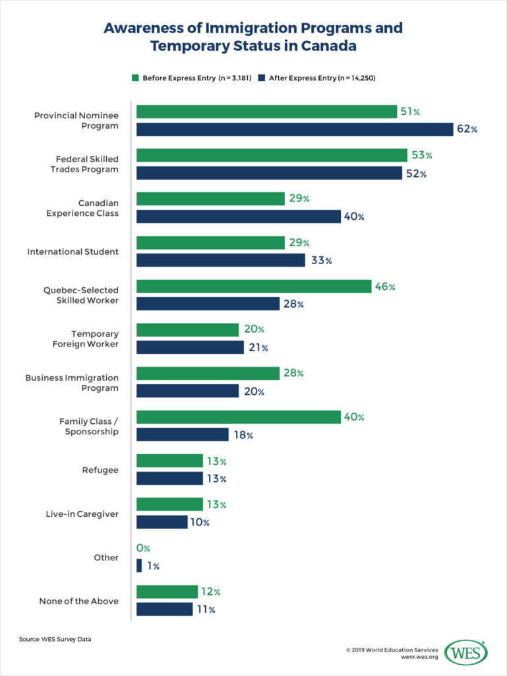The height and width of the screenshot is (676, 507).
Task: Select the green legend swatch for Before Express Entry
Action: (134, 78)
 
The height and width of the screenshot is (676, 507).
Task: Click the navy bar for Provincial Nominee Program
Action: (294, 129)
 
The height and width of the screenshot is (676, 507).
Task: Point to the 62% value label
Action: (466, 129)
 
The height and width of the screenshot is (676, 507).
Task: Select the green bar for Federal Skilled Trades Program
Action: (272, 155)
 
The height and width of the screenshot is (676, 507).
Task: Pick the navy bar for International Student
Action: (221, 260)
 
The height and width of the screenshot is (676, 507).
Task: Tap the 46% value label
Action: (384, 287)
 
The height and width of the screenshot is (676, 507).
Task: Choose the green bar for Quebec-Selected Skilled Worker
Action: (254, 287)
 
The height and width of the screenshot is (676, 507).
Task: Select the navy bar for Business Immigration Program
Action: (187, 391)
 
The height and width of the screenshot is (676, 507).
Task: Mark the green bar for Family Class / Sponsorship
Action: (239, 417)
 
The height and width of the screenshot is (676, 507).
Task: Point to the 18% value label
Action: (243, 435)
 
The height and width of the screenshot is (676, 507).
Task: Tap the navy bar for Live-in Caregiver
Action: (162, 522)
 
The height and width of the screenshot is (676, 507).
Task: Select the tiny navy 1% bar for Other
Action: (139, 566)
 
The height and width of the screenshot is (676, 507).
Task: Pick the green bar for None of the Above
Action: (167, 592)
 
